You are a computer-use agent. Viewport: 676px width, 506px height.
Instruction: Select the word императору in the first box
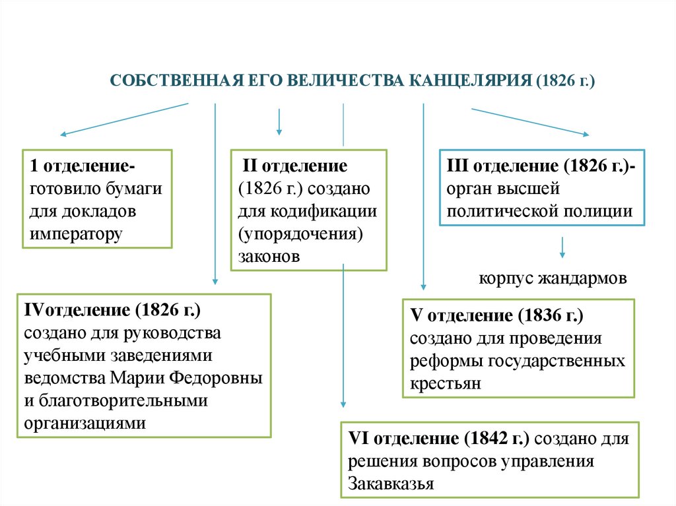[x=76, y=234]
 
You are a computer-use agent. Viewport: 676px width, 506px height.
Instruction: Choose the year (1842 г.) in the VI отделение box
[x=500, y=439]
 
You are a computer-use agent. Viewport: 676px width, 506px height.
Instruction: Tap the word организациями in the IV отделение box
[x=86, y=422]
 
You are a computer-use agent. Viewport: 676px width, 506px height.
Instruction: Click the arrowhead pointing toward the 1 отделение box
[x=63, y=134]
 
